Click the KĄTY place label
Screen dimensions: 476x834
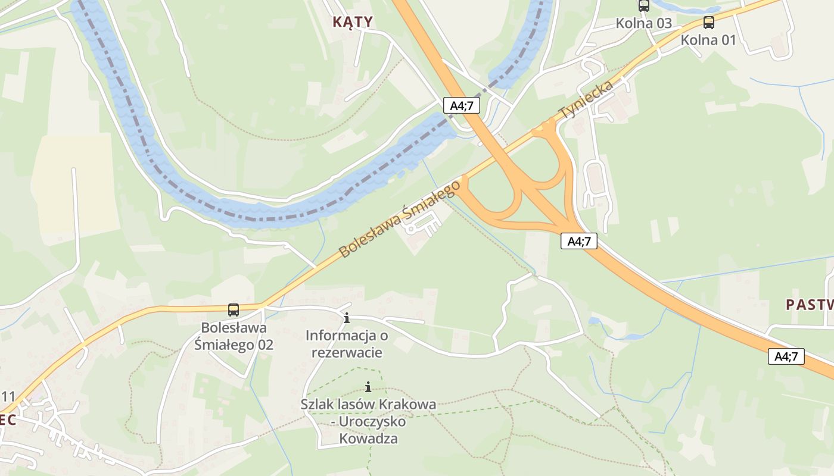(x=352, y=22)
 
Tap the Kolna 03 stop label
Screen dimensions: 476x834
(x=643, y=23)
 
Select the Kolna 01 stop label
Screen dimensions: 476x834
(x=708, y=40)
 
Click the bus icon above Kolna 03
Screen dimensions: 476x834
(x=643, y=6)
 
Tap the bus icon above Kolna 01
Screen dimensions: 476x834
(x=708, y=23)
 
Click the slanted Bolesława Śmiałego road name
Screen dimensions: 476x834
(x=400, y=219)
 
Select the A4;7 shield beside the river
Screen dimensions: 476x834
(x=462, y=106)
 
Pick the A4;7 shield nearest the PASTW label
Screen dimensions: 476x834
(x=786, y=356)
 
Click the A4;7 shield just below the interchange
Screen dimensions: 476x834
(x=579, y=241)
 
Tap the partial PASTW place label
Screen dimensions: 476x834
(x=809, y=305)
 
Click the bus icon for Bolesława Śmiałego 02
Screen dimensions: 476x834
(x=234, y=310)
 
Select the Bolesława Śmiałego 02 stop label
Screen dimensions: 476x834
(x=234, y=336)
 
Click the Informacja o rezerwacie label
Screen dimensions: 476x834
(x=347, y=344)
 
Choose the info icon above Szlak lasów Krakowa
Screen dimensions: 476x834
(x=368, y=387)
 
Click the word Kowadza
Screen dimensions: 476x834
(x=368, y=439)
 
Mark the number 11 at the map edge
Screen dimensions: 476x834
(x=8, y=397)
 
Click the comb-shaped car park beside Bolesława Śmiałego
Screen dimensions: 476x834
(x=422, y=225)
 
